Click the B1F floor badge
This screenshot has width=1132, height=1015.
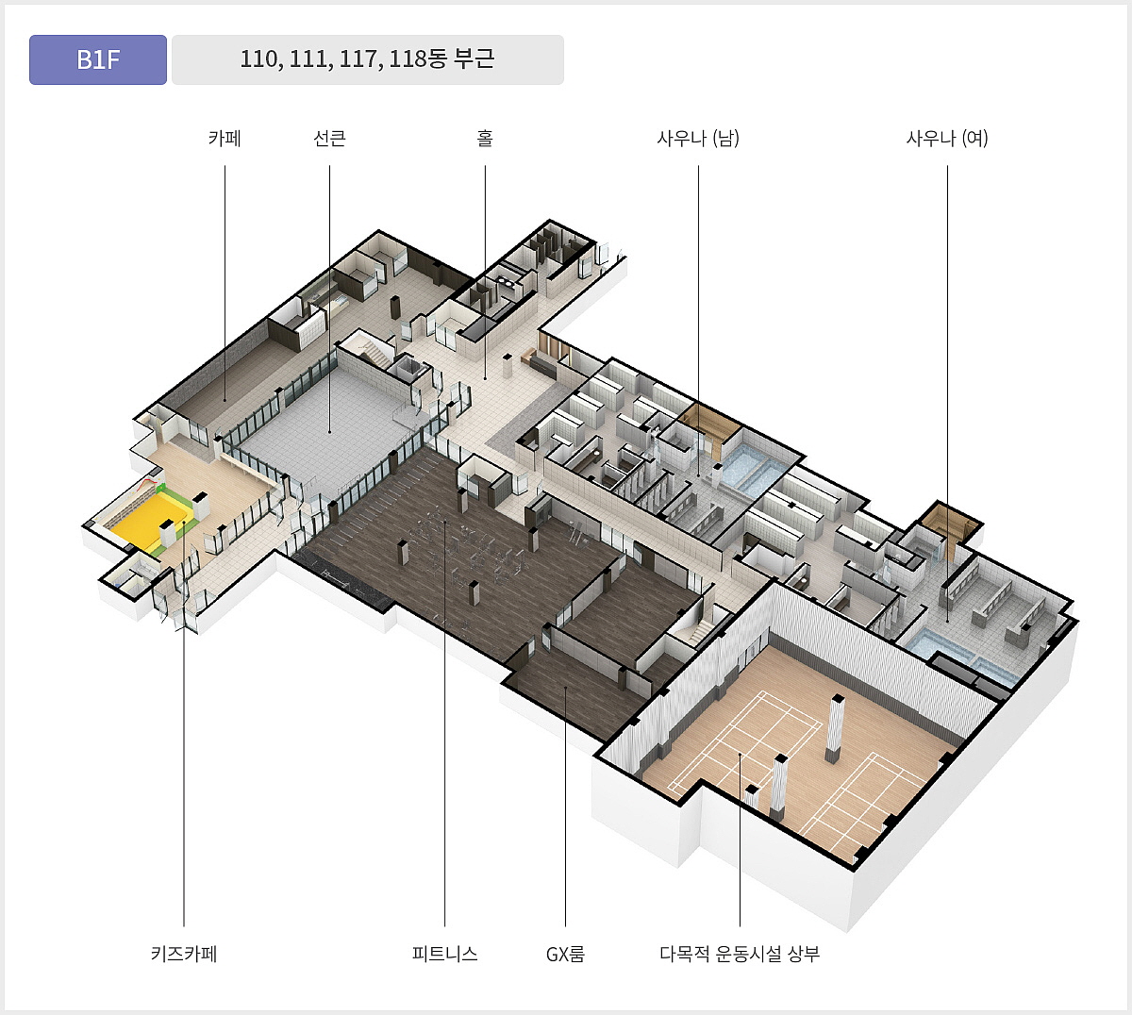98,59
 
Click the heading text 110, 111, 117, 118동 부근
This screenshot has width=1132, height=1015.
367,59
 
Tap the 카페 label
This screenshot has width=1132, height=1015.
225,139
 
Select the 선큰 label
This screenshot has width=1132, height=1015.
329,139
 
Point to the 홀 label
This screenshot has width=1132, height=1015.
485,139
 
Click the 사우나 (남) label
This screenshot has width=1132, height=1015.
698,139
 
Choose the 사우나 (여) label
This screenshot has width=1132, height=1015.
947,139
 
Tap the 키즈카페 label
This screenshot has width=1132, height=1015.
184,954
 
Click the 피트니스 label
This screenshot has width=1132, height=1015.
444,954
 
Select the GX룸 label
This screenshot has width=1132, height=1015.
565,954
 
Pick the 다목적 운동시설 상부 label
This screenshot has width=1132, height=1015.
740,954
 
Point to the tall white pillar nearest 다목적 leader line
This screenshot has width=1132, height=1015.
778,788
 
